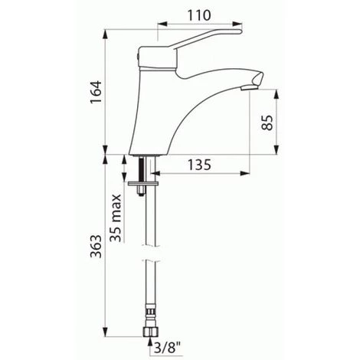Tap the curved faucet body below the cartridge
pyautogui.click(x=165, y=115)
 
